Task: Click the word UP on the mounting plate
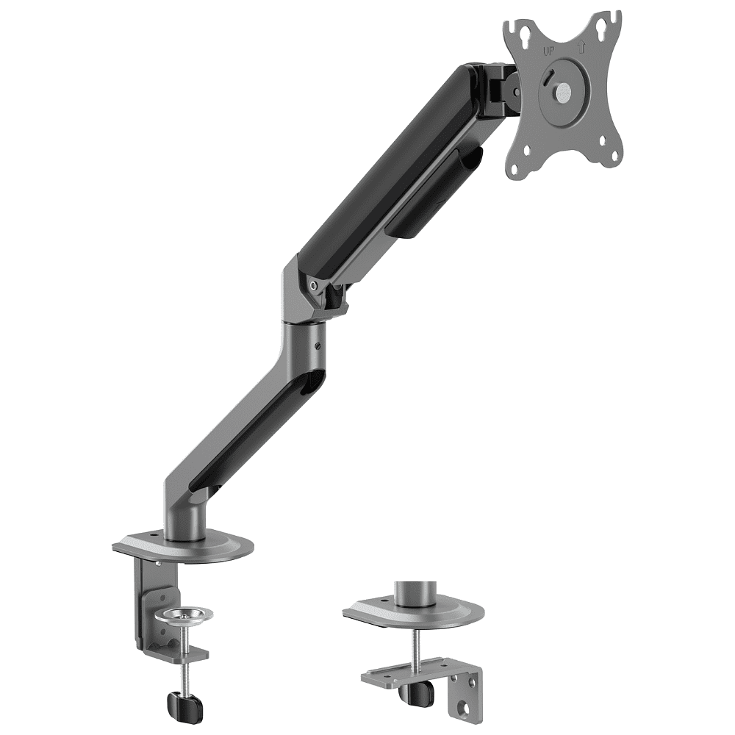548,51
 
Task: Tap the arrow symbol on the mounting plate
581,47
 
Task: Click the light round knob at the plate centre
562,90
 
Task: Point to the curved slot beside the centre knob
548,77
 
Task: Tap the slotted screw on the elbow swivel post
318,346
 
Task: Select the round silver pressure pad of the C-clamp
183,615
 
